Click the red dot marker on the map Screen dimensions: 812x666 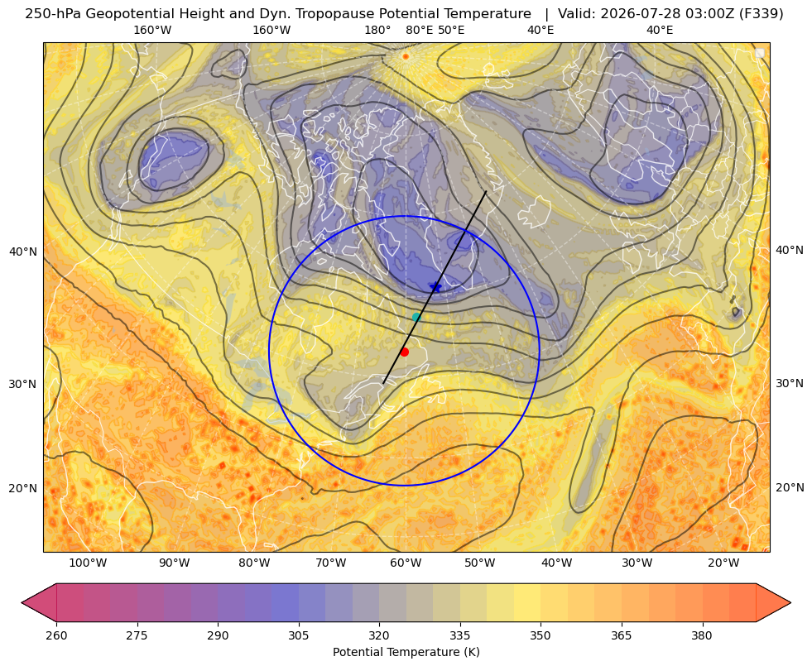coord(405,352)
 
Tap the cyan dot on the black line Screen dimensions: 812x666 coord(416,317)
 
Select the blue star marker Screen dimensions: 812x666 coord(435,287)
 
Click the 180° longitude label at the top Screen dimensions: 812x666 coord(377,30)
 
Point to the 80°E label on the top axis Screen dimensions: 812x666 coord(419,30)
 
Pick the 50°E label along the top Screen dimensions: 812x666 coord(451,30)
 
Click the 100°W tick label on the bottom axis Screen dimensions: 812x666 coord(88,563)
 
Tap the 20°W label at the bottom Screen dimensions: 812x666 coord(723,563)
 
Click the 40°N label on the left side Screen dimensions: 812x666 coord(23,252)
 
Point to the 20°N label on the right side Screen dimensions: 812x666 coord(790,487)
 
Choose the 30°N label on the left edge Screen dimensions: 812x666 coord(23,385)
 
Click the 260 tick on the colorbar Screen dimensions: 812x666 coord(56,635)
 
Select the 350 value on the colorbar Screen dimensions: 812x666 coord(541,635)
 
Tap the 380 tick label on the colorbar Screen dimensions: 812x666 coord(702,635)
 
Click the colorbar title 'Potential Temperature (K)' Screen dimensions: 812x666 coord(406,652)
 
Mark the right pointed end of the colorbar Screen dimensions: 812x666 coord(790,602)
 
